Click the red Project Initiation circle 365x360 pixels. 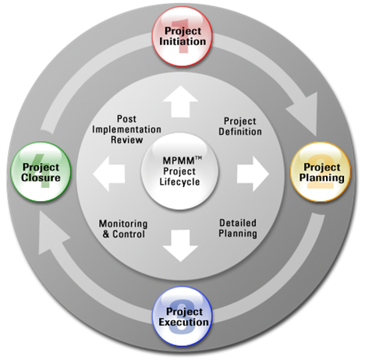[182, 37]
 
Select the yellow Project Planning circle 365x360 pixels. [321, 171]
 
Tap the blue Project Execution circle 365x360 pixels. [182, 316]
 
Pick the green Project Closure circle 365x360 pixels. [41, 171]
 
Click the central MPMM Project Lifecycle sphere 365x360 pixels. [180, 171]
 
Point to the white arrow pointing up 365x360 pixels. [180, 101]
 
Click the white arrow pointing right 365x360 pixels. [253, 174]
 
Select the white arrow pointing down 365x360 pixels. [180, 245]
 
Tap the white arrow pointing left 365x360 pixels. [109, 174]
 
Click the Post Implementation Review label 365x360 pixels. [126, 129]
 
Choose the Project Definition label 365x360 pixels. [240, 126]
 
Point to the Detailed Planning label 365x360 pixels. [238, 228]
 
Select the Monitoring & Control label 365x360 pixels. [123, 229]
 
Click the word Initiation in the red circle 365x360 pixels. [182, 41]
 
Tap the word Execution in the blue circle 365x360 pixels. [184, 322]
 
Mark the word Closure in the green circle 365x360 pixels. [41, 178]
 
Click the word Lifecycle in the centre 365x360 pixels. [179, 182]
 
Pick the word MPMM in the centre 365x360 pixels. [179, 161]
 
